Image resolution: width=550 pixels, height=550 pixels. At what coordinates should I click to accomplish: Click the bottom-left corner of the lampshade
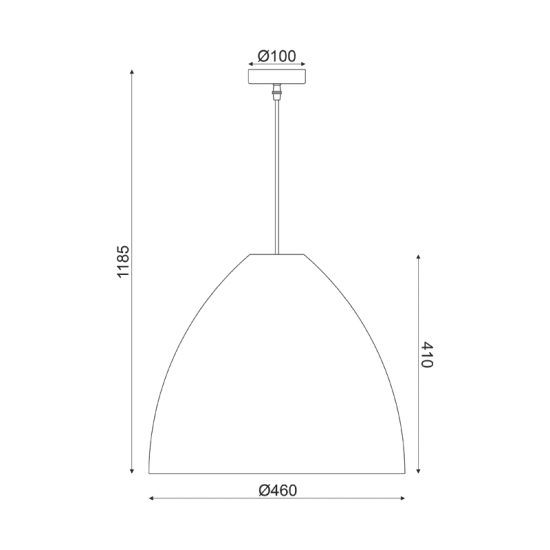[148, 473]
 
